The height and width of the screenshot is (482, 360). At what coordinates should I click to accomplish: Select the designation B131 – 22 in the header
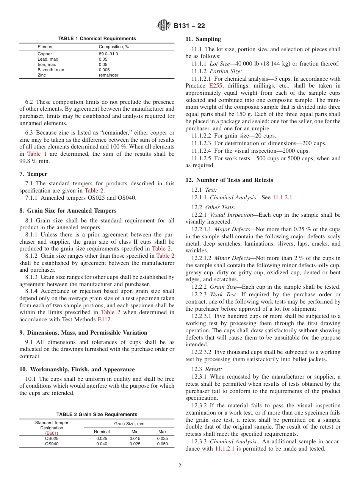[x=189, y=26]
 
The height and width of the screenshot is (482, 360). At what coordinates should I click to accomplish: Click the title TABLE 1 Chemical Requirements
[x=97, y=39]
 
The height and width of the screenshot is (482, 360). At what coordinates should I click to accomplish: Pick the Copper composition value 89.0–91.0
[x=108, y=54]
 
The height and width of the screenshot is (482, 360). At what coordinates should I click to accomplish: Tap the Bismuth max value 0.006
[x=104, y=70]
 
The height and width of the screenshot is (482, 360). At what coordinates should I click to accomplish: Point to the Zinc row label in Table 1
[x=42, y=75]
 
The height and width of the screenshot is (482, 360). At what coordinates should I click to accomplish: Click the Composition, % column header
[x=114, y=47]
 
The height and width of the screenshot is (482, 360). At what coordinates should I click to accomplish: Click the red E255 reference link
[x=216, y=86]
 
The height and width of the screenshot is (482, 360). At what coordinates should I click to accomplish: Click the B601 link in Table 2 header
[x=52, y=433]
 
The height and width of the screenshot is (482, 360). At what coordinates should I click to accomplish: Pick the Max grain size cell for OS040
[x=162, y=444]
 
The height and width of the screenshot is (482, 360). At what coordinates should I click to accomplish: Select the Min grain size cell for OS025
[x=135, y=438]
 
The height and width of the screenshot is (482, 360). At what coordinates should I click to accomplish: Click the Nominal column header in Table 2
[x=102, y=432]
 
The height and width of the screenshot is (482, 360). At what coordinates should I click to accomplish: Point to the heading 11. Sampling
[x=203, y=39]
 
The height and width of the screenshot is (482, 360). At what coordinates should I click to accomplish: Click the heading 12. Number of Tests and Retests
[x=229, y=180]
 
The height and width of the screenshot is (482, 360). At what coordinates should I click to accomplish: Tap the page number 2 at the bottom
[x=180, y=466]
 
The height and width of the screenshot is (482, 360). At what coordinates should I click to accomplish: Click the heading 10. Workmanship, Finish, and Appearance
[x=77, y=369]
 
